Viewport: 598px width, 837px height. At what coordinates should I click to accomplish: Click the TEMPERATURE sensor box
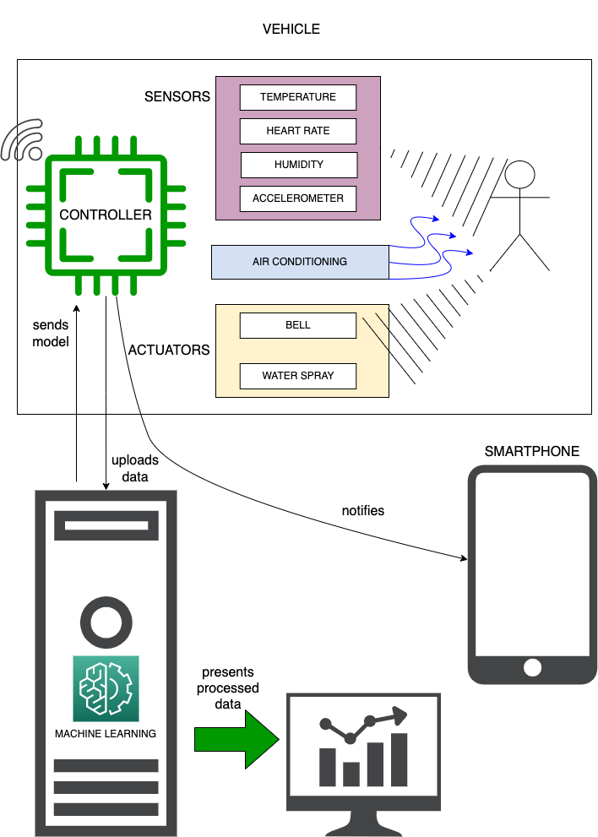[x=297, y=97]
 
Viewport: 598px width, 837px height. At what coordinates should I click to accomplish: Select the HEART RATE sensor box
[x=297, y=131]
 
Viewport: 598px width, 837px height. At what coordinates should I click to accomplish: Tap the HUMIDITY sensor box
[x=298, y=165]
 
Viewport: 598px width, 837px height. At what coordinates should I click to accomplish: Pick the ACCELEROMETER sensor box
[x=297, y=198]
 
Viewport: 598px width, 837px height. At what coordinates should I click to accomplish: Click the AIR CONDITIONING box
[x=299, y=262]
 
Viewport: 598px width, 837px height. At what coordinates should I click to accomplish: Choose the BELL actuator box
[x=297, y=325]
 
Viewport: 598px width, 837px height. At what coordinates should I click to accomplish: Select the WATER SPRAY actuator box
[x=297, y=376]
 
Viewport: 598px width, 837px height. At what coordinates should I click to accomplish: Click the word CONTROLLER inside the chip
[x=106, y=215]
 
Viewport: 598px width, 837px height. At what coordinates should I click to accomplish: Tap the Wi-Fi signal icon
[x=23, y=142]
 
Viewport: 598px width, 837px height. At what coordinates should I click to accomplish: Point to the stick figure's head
[x=519, y=176]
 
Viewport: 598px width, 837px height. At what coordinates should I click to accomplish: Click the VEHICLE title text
[x=291, y=30]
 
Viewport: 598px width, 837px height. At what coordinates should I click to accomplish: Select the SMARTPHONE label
[x=531, y=452]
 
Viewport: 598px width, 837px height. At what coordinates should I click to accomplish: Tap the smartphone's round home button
[x=531, y=667]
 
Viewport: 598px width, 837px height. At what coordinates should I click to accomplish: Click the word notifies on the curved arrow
[x=362, y=510]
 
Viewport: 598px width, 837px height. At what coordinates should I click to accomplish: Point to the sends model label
[x=51, y=334]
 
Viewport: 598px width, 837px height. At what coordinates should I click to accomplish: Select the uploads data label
[x=131, y=469]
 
